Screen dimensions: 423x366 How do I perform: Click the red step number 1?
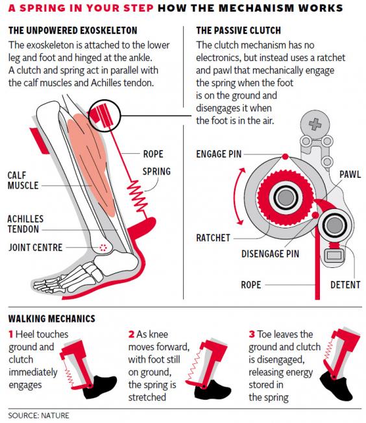(11, 334)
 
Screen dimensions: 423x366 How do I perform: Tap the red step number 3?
(252, 334)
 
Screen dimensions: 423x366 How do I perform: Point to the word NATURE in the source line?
(56, 414)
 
